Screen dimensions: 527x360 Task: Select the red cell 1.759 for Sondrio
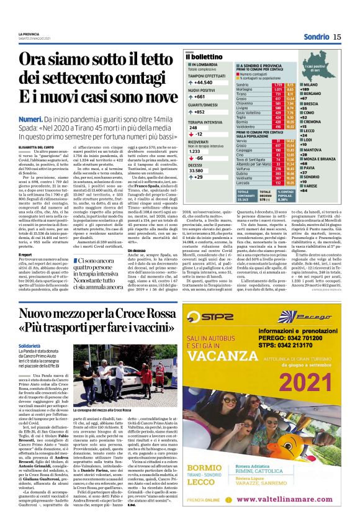pos(278,84)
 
